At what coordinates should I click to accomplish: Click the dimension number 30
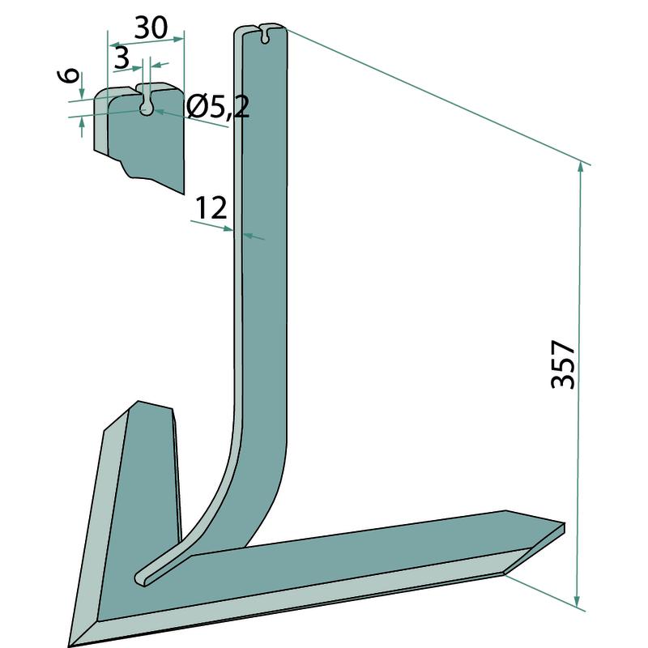click(x=151, y=28)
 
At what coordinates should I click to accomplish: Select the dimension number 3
click(x=121, y=58)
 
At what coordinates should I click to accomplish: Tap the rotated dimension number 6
click(x=71, y=75)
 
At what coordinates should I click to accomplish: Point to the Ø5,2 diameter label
click(x=217, y=108)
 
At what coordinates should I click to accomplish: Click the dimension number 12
click(x=211, y=208)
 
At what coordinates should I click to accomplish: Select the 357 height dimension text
click(x=563, y=365)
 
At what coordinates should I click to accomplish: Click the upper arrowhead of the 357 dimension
click(x=581, y=168)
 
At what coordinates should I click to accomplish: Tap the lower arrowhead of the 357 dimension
click(x=578, y=601)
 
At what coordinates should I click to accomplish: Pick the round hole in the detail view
click(x=146, y=109)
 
